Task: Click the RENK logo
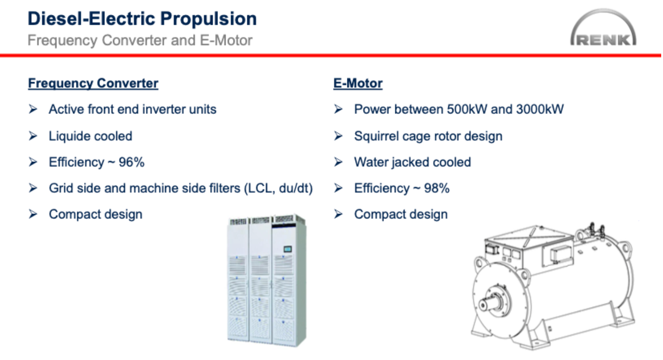[603, 28]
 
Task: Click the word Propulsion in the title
[208, 19]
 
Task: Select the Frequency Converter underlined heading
[93, 83]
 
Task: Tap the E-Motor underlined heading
[358, 83]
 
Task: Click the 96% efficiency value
[132, 162]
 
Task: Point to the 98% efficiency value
[436, 188]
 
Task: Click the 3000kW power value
[540, 109]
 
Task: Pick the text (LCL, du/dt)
[278, 188]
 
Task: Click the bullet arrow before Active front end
[33, 109]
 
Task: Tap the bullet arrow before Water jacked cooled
[338, 162]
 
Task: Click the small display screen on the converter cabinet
[287, 249]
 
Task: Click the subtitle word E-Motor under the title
[226, 40]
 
